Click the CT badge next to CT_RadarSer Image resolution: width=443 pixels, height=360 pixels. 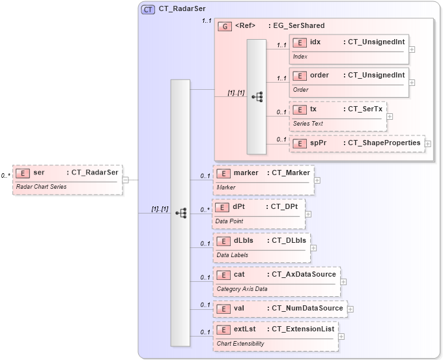(148, 9)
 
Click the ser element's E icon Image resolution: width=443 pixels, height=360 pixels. (23, 173)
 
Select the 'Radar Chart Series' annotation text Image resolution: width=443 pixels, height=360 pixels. (41, 187)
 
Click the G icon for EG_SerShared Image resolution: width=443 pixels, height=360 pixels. (224, 26)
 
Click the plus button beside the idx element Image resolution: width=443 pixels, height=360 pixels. (412, 49)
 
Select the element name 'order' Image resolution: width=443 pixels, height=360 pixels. (319, 75)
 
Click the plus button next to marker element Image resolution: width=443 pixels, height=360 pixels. (317, 180)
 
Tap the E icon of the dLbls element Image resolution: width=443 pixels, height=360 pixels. (223, 240)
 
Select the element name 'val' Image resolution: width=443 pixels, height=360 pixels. (238, 308)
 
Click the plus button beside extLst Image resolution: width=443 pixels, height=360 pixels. (341, 337)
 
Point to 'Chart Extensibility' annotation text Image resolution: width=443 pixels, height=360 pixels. (240, 343)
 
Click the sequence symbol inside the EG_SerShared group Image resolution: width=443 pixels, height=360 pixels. (257, 96)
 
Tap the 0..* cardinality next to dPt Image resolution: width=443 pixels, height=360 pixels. (205, 210)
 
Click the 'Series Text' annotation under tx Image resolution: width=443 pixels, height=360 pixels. (307, 124)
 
